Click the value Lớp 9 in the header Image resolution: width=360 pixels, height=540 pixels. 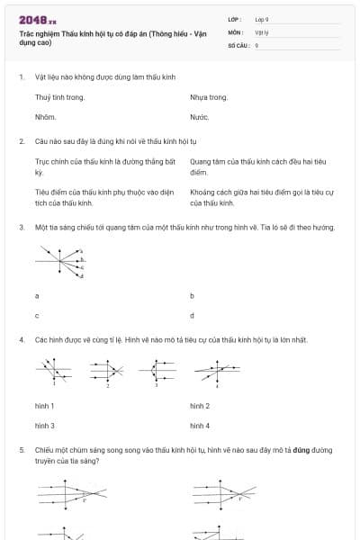[262, 19]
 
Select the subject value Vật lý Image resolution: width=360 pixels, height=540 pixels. [260, 31]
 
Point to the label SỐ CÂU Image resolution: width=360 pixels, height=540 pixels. [237, 44]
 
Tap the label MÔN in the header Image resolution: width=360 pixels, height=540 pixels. [235, 31]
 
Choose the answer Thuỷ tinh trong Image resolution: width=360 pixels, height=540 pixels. [59, 97]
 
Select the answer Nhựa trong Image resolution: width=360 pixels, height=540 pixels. [209, 97]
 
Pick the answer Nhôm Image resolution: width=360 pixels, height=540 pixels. [46, 117]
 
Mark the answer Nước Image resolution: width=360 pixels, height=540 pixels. [200, 117]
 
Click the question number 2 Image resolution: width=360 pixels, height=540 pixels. [21, 141]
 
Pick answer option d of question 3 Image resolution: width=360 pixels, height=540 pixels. [193, 316]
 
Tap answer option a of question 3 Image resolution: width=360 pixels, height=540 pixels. [37, 295]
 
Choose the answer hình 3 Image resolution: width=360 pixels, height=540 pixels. [45, 426]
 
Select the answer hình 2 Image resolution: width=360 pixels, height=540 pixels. [200, 406]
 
